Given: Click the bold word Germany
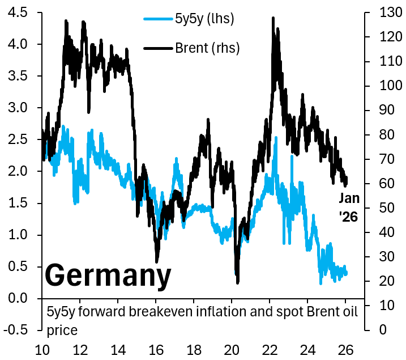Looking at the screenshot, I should click(108, 276).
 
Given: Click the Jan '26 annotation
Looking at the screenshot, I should click(349, 207).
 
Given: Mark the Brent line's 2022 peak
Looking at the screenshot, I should click(273, 18).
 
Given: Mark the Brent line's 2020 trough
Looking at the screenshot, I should click(237, 282).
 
